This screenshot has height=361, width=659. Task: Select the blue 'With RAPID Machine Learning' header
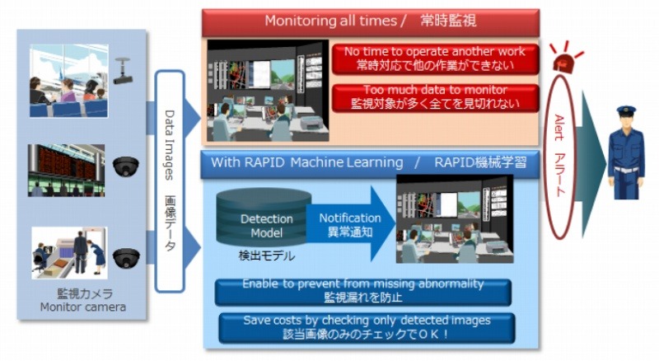click(x=370, y=162)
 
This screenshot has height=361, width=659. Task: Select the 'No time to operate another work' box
click(x=435, y=58)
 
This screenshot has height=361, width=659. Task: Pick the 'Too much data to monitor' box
click(x=435, y=97)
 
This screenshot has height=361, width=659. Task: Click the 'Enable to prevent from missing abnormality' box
click(x=362, y=291)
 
